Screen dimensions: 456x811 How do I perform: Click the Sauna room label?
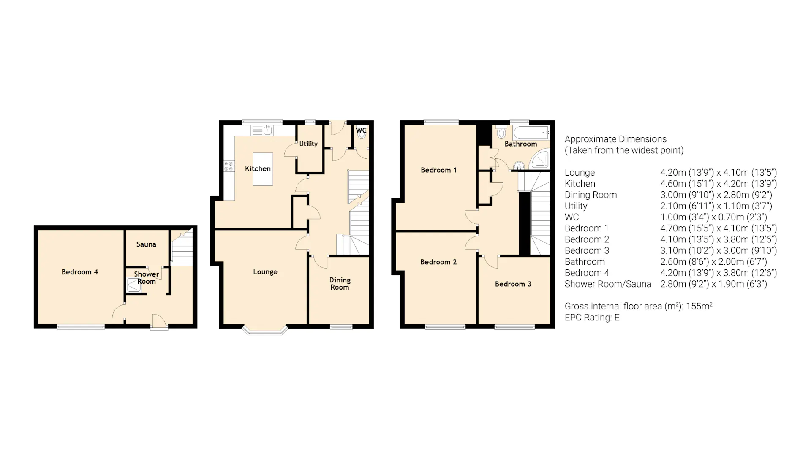pyautogui.click(x=146, y=244)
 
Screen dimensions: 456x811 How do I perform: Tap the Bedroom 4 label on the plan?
pyautogui.click(x=79, y=272)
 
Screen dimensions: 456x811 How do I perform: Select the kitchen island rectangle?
pyautogui.click(x=263, y=169)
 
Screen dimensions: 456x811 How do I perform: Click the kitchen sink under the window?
pyautogui.click(x=267, y=130)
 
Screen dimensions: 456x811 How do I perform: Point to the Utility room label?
pyautogui.click(x=308, y=144)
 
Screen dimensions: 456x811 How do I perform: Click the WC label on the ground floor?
pyautogui.click(x=361, y=130)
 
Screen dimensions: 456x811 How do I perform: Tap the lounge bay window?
pyautogui.click(x=265, y=331)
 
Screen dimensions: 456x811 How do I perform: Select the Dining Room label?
pyautogui.click(x=340, y=283)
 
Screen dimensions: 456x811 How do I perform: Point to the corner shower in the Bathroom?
pyautogui.click(x=541, y=160)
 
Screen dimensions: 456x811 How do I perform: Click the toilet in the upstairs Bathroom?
pyautogui.click(x=501, y=132)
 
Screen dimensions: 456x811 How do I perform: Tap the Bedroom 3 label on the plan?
pyautogui.click(x=513, y=284)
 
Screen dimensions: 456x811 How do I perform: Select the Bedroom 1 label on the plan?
pyautogui.click(x=438, y=170)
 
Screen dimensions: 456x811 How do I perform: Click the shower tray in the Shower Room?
pyautogui.click(x=133, y=285)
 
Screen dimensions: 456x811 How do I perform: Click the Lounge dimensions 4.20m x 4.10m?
pyautogui.click(x=718, y=172)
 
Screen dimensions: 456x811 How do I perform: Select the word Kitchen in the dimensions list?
pyautogui.click(x=580, y=184)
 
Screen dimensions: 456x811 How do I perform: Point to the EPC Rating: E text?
pyautogui.click(x=592, y=318)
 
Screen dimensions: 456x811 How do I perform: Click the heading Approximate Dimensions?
pyautogui.click(x=615, y=139)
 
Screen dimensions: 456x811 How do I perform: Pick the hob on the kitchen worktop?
pyautogui.click(x=229, y=166)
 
